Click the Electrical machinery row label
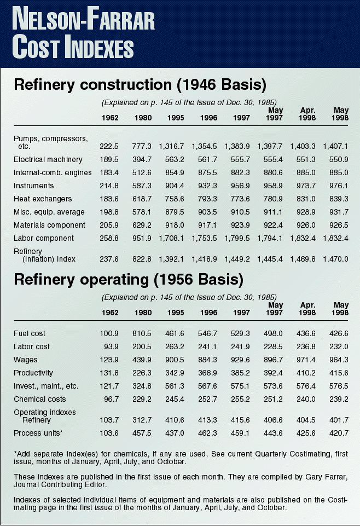[x=48, y=160]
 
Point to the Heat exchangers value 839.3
[x=339, y=199]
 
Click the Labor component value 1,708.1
[x=173, y=239]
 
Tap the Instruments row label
[x=34, y=186]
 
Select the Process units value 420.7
[x=339, y=433]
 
